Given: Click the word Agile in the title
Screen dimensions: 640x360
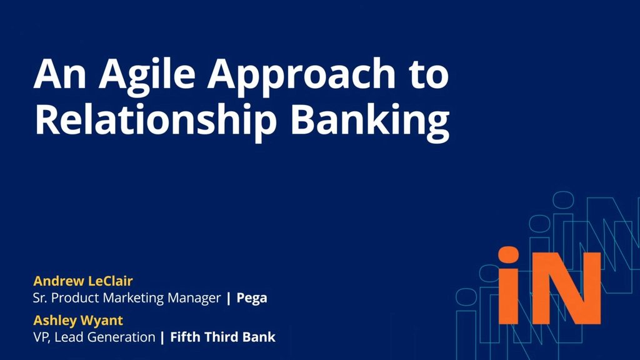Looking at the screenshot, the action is (x=147, y=76).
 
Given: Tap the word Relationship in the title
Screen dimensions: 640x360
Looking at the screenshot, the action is (x=156, y=120).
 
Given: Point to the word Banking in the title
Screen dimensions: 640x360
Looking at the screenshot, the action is (x=370, y=120).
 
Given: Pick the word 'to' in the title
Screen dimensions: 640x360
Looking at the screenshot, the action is (x=429, y=76).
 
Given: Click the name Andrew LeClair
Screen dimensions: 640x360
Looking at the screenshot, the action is (x=83, y=281).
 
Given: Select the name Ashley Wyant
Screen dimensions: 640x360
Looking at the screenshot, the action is (x=78, y=321).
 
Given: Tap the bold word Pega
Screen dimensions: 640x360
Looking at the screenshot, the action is (x=252, y=298).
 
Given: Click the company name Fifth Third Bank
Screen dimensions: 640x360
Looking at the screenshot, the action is (x=223, y=337).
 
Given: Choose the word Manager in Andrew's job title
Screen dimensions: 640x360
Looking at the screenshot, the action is (x=194, y=298).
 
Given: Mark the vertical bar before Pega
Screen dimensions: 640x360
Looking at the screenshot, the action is (x=229, y=298).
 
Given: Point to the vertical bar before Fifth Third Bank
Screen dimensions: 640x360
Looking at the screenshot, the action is (x=162, y=337).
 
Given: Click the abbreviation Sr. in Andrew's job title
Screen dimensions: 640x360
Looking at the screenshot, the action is (x=39, y=298).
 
